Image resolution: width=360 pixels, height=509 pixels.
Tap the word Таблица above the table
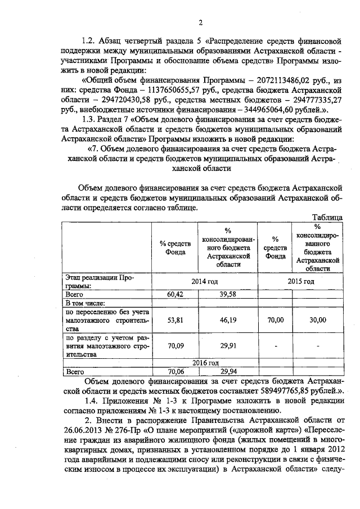click(x=327, y=218)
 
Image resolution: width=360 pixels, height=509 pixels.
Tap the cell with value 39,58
click(x=228, y=294)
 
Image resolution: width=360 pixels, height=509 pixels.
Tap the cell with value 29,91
click(x=228, y=346)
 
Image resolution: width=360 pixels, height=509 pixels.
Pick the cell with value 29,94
click(x=228, y=371)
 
